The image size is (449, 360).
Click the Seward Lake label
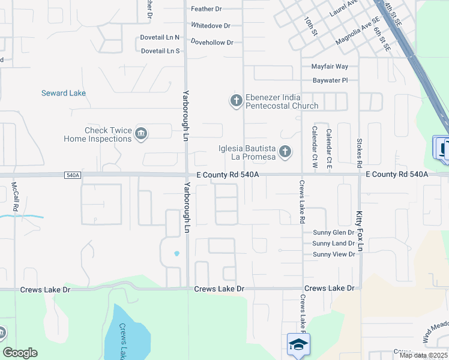tap(63, 93)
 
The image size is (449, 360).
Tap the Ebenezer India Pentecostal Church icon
tap(237, 101)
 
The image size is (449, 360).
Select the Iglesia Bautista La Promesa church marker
tap(285, 152)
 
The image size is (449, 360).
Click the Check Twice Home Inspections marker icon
tap(141, 134)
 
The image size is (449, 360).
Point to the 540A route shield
tap(73, 175)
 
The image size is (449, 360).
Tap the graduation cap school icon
tap(298, 344)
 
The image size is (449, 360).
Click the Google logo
tap(20, 353)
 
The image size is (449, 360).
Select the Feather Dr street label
tap(206, 9)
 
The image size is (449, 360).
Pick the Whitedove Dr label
tap(210, 26)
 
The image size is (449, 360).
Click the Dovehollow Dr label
tap(212, 43)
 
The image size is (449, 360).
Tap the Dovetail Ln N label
tap(160, 37)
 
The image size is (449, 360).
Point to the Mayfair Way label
tap(330, 67)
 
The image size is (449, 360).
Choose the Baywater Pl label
tap(330, 80)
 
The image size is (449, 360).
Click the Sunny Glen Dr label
tap(334, 233)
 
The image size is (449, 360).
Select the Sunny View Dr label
tap(334, 254)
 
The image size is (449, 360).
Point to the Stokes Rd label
tap(359, 152)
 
